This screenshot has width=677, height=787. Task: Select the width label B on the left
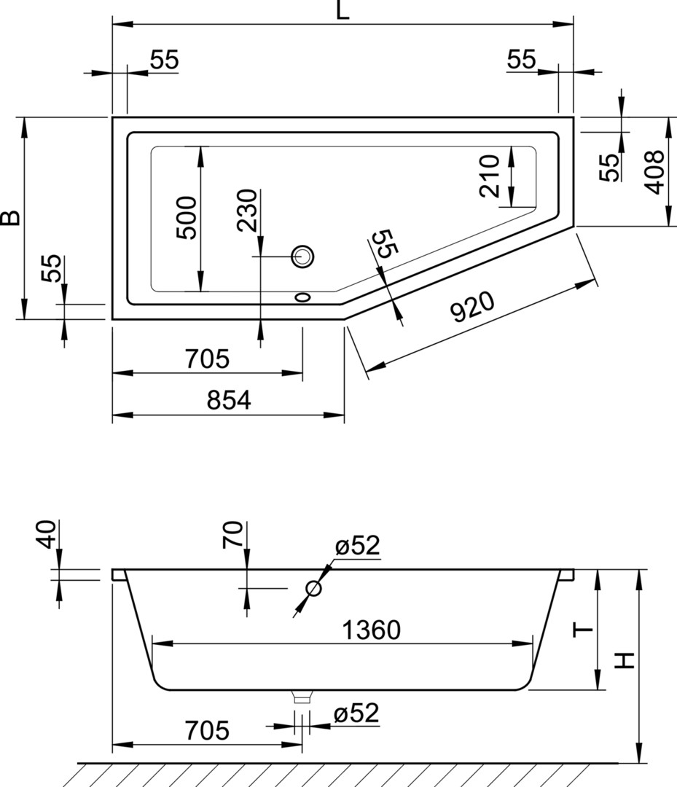(x=10, y=217)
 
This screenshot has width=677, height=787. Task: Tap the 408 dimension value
(x=655, y=172)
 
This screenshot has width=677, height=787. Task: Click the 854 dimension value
(x=228, y=400)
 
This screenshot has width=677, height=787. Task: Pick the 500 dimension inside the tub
(x=187, y=218)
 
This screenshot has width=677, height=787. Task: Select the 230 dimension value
(x=248, y=210)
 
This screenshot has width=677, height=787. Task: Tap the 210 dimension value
(x=490, y=176)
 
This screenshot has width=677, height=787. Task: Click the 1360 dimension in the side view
(x=372, y=630)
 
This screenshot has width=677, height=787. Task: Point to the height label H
(x=625, y=660)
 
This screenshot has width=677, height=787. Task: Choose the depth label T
(x=583, y=630)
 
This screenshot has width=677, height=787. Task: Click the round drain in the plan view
(x=302, y=256)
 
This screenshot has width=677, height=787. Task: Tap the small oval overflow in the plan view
(x=302, y=297)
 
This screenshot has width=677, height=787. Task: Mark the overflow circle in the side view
(x=314, y=588)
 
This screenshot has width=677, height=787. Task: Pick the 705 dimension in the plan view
(x=207, y=359)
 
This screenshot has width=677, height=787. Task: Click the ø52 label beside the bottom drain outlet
(x=357, y=714)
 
